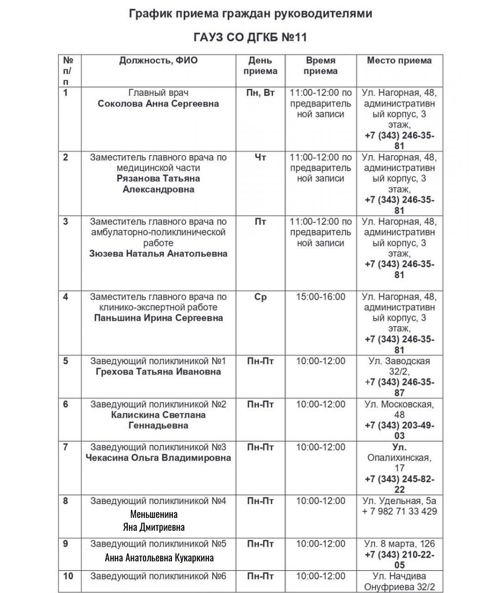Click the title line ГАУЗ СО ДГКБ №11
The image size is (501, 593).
[250, 39]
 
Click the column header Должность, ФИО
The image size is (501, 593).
[158, 61]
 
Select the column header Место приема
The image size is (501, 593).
[399, 61]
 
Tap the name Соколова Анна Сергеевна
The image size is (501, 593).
[158, 104]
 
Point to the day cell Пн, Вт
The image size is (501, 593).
[260, 93]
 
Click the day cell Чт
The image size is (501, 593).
[260, 157]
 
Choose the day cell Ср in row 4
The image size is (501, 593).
[260, 297]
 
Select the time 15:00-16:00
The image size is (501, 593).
[321, 297]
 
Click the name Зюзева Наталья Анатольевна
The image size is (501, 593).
[158, 254]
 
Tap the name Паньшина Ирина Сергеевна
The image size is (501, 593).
[158, 318]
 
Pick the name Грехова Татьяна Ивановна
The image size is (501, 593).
[158, 372]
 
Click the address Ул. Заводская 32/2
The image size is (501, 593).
[399, 366]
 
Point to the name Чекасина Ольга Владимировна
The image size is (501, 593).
[158, 458]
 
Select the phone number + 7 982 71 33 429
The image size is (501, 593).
[399, 511]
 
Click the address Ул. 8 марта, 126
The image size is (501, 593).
[399, 544]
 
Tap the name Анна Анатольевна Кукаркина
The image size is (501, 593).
[159, 558]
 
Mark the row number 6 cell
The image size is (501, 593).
[66, 404]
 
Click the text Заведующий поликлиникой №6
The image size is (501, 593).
[158, 576]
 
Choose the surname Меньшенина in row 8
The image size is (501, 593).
[154, 514]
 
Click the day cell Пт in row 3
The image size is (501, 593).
[260, 222]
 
